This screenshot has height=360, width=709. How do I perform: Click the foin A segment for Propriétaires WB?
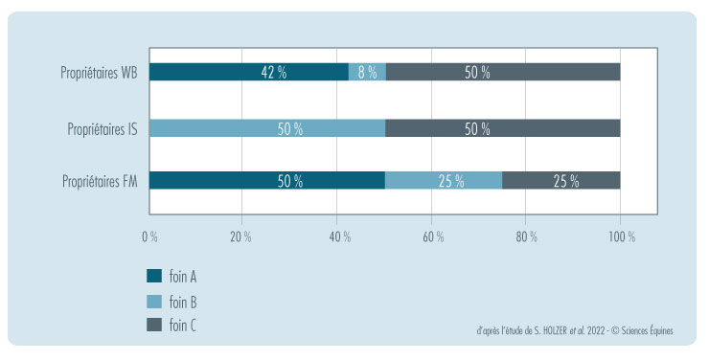tap(248, 73)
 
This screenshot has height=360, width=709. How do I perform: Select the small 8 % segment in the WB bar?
tap(367, 73)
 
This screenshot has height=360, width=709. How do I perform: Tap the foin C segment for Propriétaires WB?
tap(502, 73)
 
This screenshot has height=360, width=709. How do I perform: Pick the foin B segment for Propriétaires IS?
tap(267, 128)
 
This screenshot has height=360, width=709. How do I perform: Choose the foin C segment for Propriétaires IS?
tap(502, 128)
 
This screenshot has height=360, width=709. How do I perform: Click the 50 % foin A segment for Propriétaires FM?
tap(267, 181)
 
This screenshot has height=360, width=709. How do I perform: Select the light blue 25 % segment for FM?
tap(444, 181)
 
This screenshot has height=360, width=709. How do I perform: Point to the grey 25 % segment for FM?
tap(560, 181)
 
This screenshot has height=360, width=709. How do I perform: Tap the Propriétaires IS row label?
tap(103, 128)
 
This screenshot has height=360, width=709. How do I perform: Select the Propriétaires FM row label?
tap(100, 181)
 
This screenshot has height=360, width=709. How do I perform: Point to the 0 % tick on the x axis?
tap(150, 236)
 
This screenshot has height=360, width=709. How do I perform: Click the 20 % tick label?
tap(243, 236)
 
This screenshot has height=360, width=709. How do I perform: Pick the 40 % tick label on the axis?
tap(337, 236)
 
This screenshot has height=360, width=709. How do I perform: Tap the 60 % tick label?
tap(432, 236)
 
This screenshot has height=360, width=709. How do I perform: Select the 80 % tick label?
tap(526, 236)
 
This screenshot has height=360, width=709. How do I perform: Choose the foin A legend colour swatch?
tap(153, 277)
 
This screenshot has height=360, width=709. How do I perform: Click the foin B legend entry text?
tap(183, 302)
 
